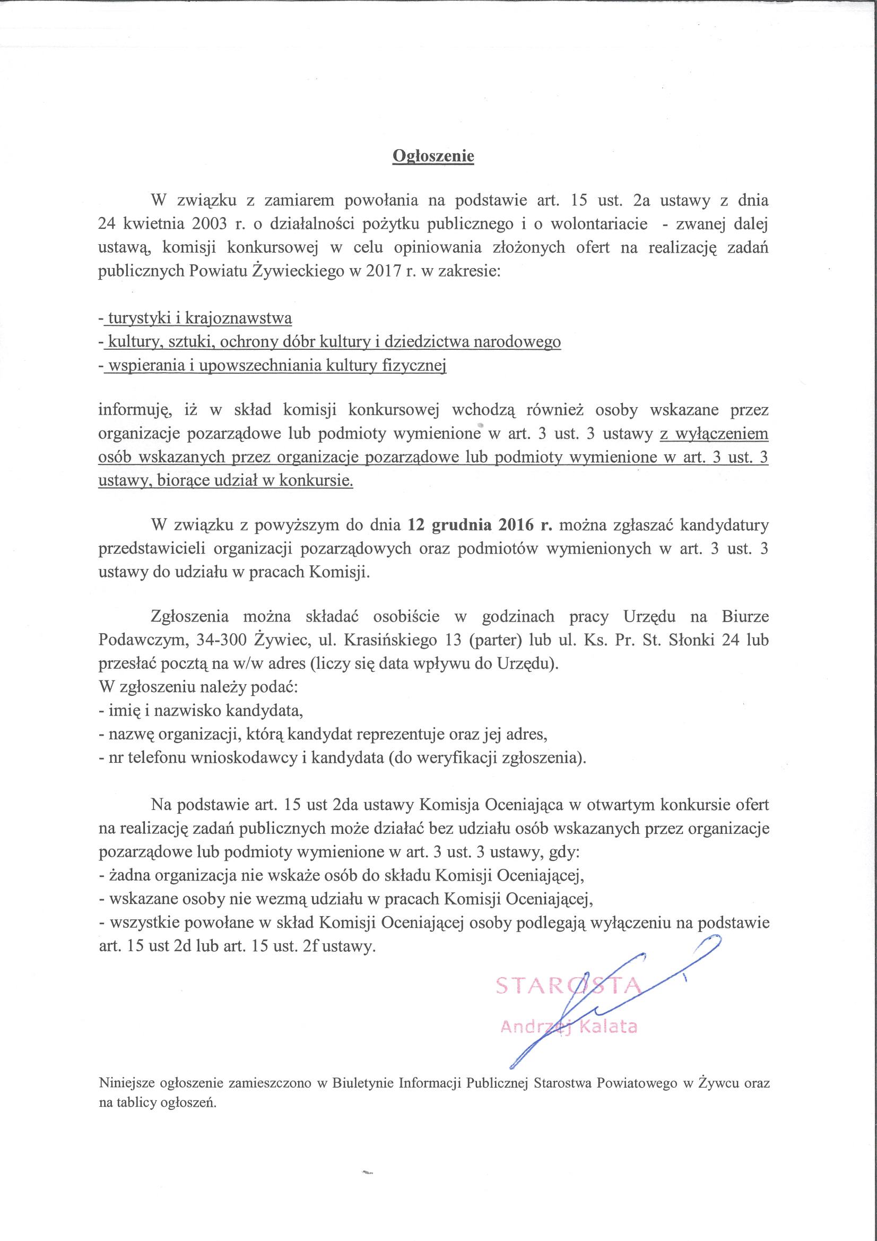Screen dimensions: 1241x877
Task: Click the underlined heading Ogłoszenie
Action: tap(433, 156)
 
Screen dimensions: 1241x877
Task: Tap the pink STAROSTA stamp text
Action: tap(567, 986)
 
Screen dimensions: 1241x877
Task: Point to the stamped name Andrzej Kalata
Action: tap(568, 1027)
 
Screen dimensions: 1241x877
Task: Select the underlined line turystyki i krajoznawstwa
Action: tap(199, 318)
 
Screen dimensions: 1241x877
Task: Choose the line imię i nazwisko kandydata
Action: tap(205, 710)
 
